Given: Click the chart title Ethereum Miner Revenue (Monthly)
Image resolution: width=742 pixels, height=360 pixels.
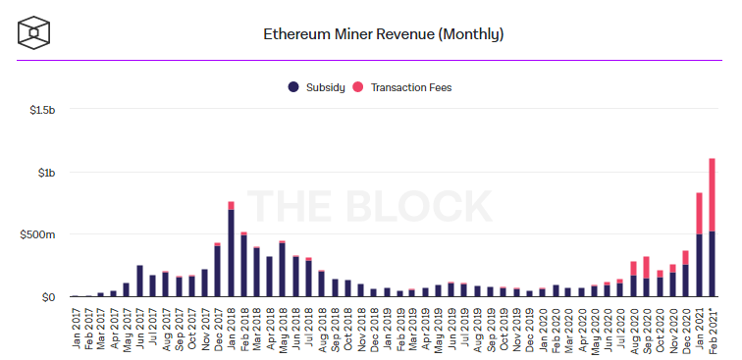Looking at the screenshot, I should click(x=384, y=34).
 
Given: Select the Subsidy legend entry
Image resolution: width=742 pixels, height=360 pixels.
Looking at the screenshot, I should click(x=317, y=87).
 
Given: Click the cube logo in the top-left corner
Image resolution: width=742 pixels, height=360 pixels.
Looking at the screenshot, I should click(x=35, y=34).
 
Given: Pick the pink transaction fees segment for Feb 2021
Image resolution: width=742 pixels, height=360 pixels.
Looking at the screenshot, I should click(x=712, y=194).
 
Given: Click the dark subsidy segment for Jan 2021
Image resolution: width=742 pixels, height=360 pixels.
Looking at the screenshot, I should click(x=699, y=265).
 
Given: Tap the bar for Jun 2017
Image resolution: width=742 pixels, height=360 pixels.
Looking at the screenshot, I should click(x=139, y=281).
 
